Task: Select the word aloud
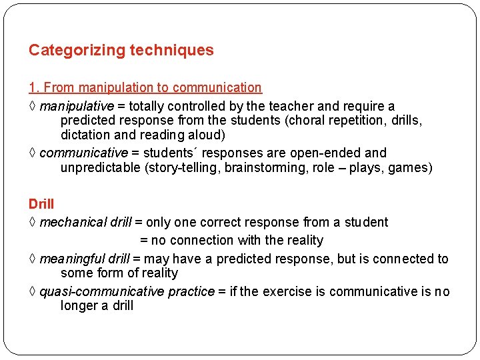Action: (x=201, y=135)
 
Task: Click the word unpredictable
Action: (x=100, y=167)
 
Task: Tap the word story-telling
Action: (x=182, y=167)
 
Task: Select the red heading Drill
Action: (x=41, y=203)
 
